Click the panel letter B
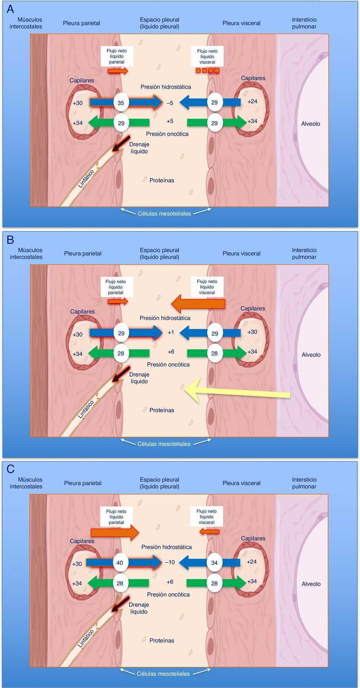(x=10, y=240)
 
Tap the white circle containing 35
(x=121, y=103)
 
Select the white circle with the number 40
(x=120, y=563)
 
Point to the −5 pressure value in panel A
(x=170, y=103)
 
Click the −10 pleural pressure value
(x=170, y=562)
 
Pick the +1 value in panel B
(x=171, y=332)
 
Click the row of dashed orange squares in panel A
(x=207, y=71)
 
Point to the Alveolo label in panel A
(x=310, y=124)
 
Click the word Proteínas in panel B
(x=162, y=410)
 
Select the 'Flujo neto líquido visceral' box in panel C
(x=207, y=517)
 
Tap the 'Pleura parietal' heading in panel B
(x=83, y=253)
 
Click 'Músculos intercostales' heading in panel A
(x=26, y=23)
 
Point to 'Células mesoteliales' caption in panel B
(x=164, y=444)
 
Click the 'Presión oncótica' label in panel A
(x=167, y=134)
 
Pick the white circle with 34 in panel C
(x=214, y=563)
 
